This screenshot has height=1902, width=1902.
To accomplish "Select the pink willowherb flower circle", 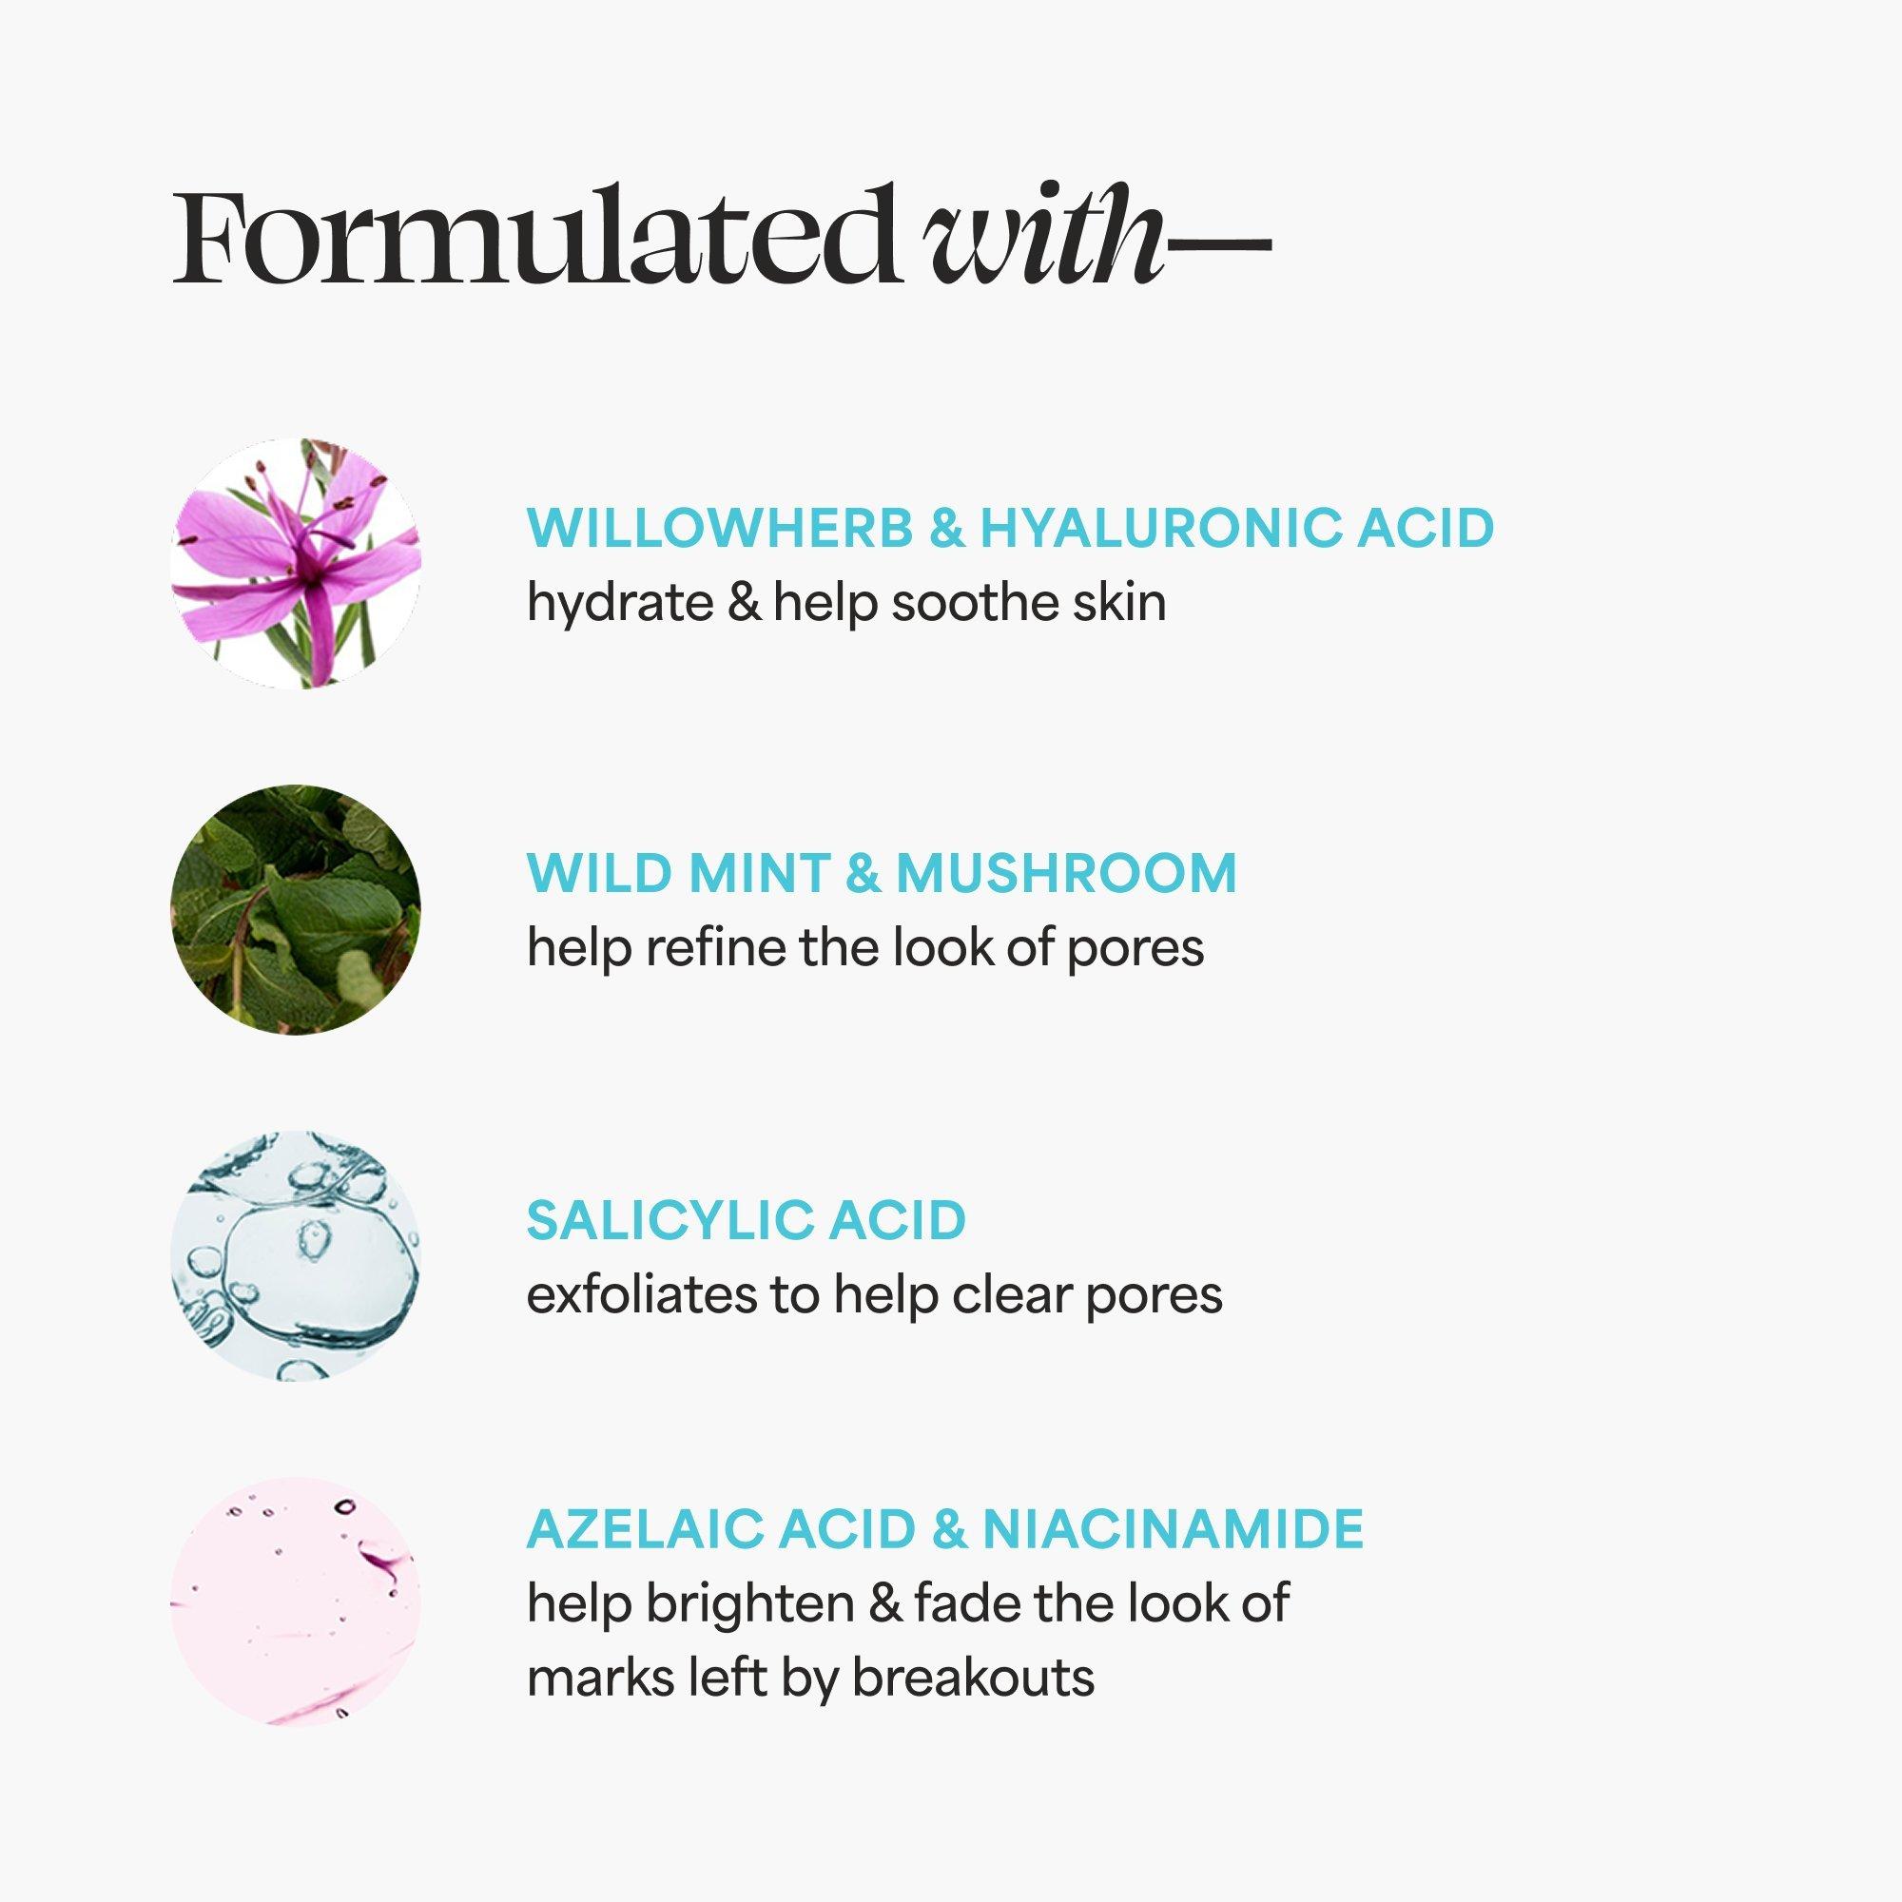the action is (296, 563).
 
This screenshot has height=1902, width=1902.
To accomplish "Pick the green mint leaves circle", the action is (296, 910).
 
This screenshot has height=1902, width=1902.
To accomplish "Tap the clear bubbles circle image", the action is (296, 1256).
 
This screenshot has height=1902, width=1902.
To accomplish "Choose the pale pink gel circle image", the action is (296, 1601).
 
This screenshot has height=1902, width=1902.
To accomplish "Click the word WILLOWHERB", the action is (720, 528).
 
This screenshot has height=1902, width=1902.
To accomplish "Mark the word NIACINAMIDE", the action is (1173, 1527).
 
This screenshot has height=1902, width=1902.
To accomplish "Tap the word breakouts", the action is (973, 1677).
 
